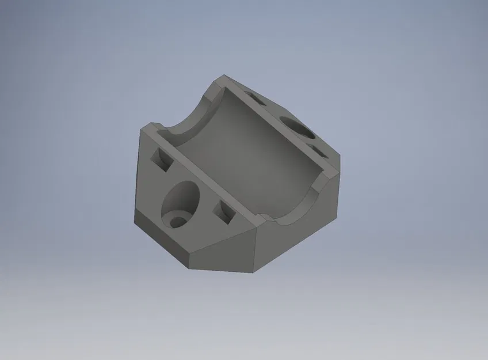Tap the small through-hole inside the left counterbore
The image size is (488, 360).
[178, 221]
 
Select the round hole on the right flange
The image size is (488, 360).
[298, 127]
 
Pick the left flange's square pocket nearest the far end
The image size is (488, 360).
[161, 158]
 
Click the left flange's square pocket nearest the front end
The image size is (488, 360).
[224, 213]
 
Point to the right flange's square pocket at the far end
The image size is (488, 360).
[257, 99]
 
